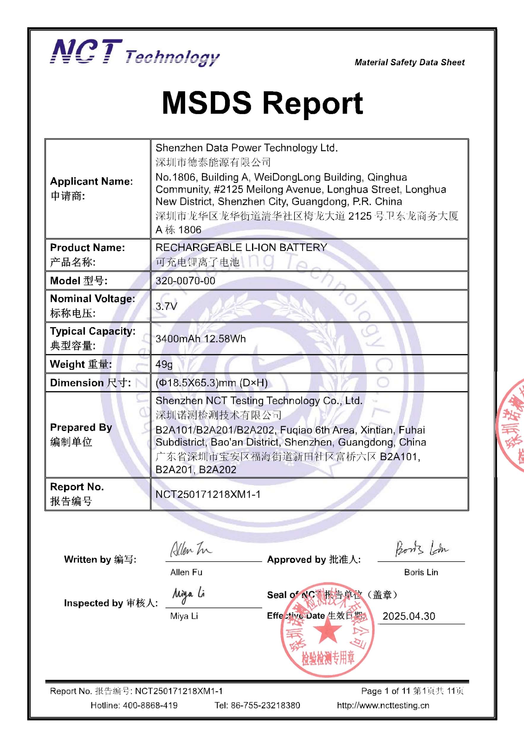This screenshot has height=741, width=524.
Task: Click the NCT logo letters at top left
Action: click(x=86, y=52)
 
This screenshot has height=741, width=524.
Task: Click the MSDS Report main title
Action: click(x=262, y=103)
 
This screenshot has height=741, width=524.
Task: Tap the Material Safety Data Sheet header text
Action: click(x=410, y=62)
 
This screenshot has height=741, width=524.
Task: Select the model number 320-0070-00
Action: click(x=185, y=281)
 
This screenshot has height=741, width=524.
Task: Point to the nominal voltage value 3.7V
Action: click(x=166, y=306)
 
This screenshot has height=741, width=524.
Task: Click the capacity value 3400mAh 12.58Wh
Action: click(x=200, y=338)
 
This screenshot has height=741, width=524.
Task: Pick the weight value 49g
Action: click(x=164, y=364)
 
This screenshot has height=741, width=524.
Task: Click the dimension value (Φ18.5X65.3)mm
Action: click(x=211, y=383)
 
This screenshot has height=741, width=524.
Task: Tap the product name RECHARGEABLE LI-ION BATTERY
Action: click(x=241, y=247)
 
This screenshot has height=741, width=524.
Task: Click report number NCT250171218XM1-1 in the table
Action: click(x=208, y=494)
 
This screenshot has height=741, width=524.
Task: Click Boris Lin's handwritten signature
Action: click(x=421, y=548)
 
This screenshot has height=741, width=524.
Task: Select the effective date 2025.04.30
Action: click(x=409, y=616)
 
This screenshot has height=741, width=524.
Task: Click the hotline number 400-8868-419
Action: click(x=150, y=705)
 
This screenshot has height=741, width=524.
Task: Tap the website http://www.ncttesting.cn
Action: click(x=383, y=705)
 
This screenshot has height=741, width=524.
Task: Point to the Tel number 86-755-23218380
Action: click(x=265, y=705)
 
